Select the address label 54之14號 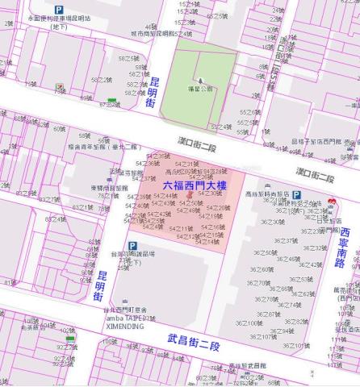click(x=207, y=241)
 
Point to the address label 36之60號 click(x=262, y=269)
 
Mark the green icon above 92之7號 click(x=71, y=339)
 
